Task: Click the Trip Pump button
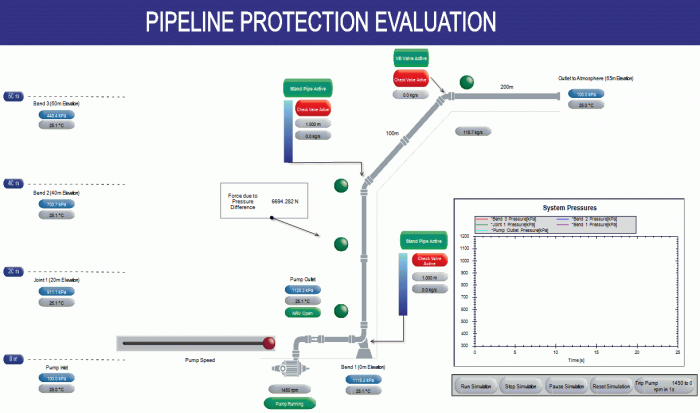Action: (649, 385)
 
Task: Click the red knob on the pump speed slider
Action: (268, 343)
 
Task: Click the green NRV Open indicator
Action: (302, 313)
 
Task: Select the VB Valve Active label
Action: (409, 59)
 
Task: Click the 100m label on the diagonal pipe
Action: (392, 133)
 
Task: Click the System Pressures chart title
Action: (569, 207)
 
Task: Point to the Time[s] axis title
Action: (575, 358)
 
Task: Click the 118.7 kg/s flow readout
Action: (471, 131)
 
